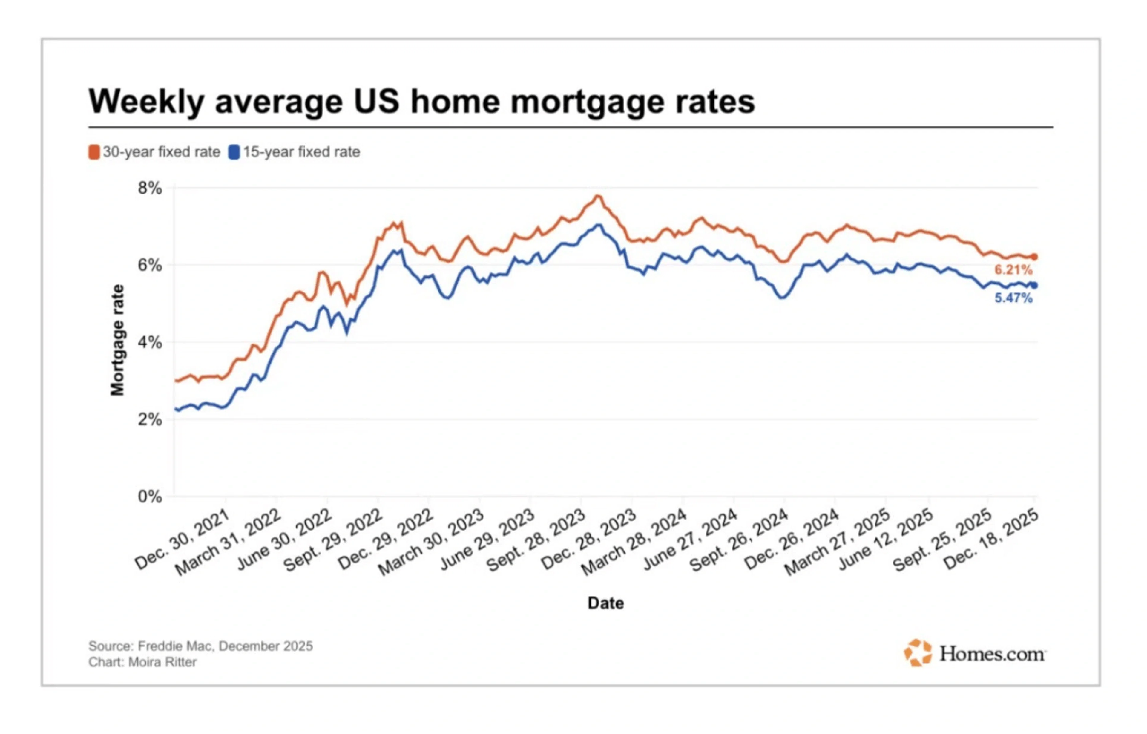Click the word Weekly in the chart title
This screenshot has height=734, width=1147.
pyautogui.click(x=147, y=102)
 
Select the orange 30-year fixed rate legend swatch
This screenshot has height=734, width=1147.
pyautogui.click(x=94, y=152)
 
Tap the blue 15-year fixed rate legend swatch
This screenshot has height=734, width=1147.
pyautogui.click(x=234, y=152)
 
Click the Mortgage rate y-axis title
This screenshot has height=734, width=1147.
pyautogui.click(x=117, y=340)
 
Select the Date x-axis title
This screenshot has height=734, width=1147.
pyautogui.click(x=605, y=603)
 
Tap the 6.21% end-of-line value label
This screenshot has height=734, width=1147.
pyautogui.click(x=1013, y=270)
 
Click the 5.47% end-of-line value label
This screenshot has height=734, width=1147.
pyautogui.click(x=1013, y=298)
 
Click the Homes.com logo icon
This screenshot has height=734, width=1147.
pyautogui.click(x=917, y=653)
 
